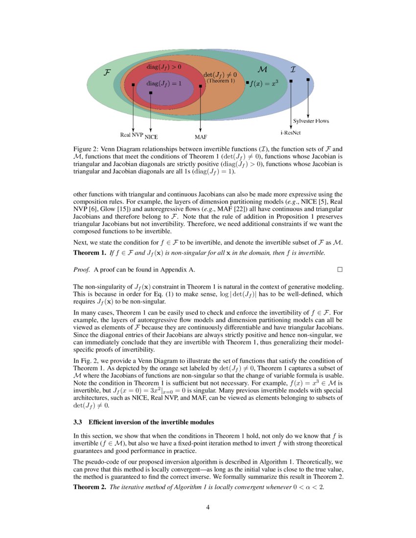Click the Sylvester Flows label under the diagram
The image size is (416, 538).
(x=311, y=121)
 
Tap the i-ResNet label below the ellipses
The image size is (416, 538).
(x=290, y=132)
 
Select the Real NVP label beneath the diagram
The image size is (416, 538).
(x=131, y=134)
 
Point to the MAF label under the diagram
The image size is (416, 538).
(x=201, y=136)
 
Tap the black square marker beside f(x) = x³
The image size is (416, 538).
(x=248, y=83)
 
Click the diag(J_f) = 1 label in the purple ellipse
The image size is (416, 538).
(x=164, y=83)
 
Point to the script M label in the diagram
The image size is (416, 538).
(x=262, y=69)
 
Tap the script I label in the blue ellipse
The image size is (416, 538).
(x=293, y=69)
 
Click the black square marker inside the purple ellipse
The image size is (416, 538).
(x=151, y=92)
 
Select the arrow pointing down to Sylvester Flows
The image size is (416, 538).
(x=308, y=98)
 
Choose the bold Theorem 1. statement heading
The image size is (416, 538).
(x=89, y=253)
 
